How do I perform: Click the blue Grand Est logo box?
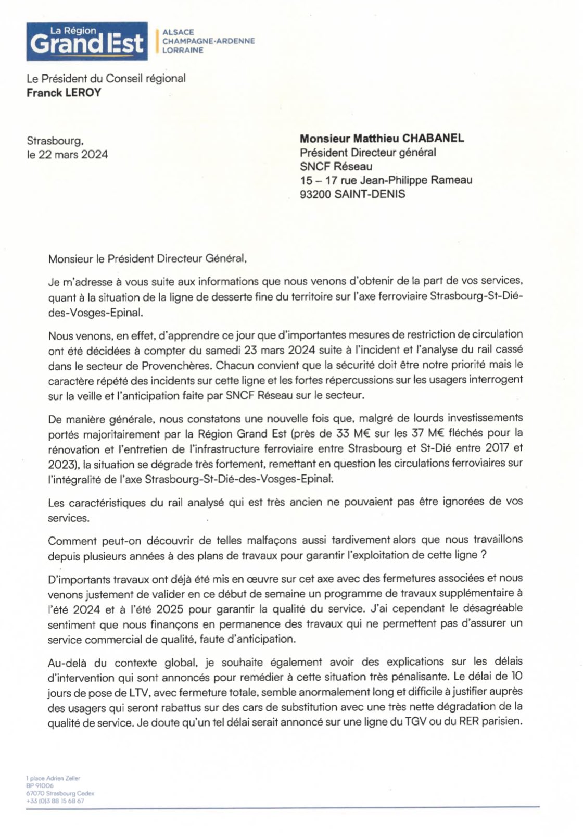point(87,41)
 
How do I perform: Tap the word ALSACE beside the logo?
point(178,32)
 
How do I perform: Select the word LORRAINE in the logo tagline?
point(183,51)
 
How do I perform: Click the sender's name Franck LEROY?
point(64,93)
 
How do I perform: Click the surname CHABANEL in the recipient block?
point(432,139)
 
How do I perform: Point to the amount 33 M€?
point(311,433)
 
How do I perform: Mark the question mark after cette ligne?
point(484,555)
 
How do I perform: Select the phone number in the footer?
point(55,801)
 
